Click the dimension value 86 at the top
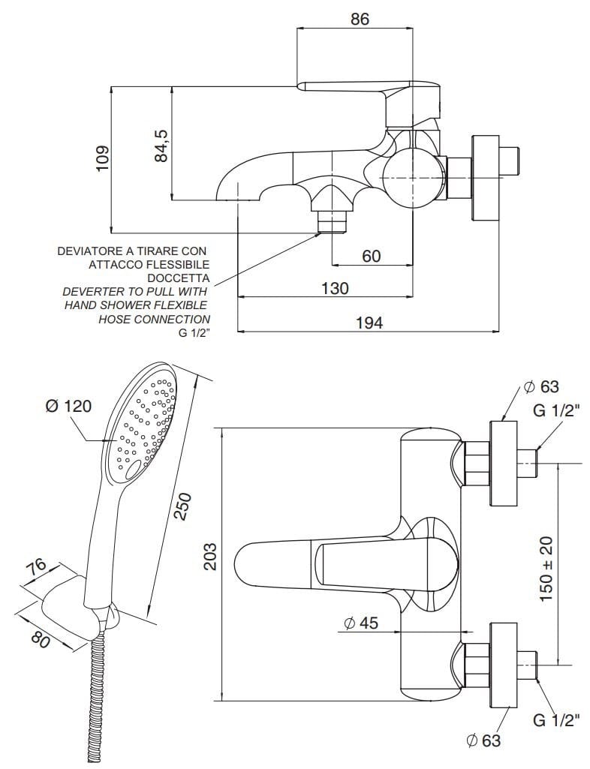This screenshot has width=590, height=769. (360, 20)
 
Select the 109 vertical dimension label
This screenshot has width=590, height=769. (103, 158)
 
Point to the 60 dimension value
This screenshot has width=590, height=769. (372, 256)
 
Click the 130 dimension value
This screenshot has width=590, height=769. (334, 288)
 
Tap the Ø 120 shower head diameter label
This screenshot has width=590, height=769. (68, 406)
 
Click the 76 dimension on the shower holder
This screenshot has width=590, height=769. (37, 569)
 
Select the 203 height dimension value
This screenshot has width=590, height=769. (211, 557)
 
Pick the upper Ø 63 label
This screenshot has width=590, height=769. (541, 387)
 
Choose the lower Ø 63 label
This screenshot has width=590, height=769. (483, 740)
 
